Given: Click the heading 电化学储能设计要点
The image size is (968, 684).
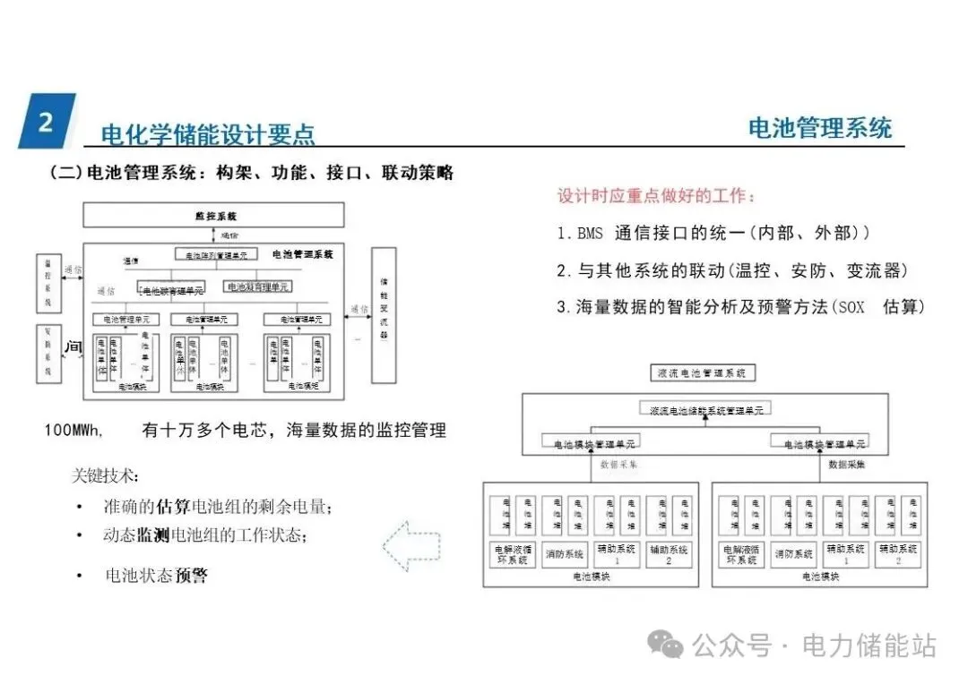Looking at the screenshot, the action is pos(208,134).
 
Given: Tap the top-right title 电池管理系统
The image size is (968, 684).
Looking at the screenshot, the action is pos(820,128).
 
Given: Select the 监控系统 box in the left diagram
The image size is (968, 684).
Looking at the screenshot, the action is pos(213,216).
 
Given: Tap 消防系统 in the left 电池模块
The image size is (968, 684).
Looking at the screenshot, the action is pos(565,554).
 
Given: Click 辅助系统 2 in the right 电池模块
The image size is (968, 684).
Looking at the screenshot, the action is pos(899,554).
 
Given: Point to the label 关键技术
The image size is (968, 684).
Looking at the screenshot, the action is pos(105,475).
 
